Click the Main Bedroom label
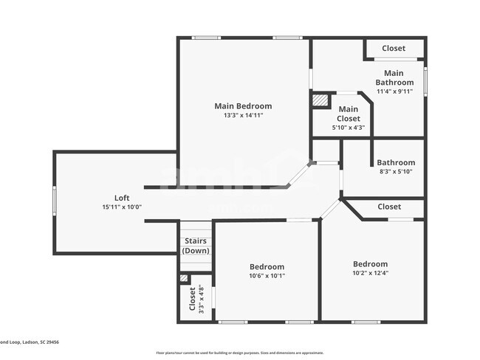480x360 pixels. (x=243, y=106)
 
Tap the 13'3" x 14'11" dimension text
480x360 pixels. (x=243, y=115)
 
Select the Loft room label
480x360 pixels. (x=122, y=198)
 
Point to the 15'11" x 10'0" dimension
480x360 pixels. (x=122, y=207)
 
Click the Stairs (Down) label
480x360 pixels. (x=196, y=246)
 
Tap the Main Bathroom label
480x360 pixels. (x=394, y=77)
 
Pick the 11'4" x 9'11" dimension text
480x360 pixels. (x=394, y=91)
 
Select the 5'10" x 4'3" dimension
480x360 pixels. (x=349, y=128)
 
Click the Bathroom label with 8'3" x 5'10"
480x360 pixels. (x=396, y=162)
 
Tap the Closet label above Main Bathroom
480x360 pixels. (x=393, y=49)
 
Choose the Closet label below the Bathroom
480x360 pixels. (x=389, y=207)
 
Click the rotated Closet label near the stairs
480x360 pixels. (x=192, y=299)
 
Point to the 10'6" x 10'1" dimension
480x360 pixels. (x=266, y=276)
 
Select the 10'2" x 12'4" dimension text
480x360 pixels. (x=369, y=274)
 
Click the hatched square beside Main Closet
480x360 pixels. (x=320, y=100)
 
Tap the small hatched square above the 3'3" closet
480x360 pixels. (x=184, y=278)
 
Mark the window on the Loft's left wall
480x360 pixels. (x=54, y=201)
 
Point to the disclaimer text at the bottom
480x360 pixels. (x=239, y=353)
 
